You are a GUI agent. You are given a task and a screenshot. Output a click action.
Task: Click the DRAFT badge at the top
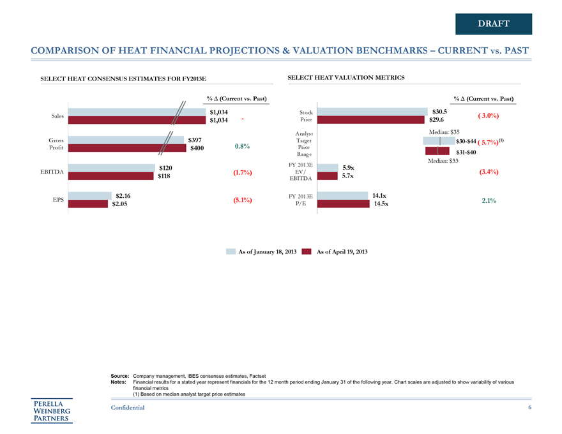click(494, 24)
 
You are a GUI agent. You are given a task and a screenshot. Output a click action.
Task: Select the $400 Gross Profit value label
click(198, 148)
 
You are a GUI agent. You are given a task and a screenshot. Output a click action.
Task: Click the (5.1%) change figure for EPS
click(239, 200)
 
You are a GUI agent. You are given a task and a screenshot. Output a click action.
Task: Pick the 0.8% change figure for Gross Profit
click(242, 146)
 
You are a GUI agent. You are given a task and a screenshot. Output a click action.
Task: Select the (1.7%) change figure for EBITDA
click(239, 172)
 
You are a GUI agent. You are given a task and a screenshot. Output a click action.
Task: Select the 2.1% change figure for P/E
click(489, 200)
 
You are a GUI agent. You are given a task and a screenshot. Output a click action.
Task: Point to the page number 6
click(529, 408)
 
